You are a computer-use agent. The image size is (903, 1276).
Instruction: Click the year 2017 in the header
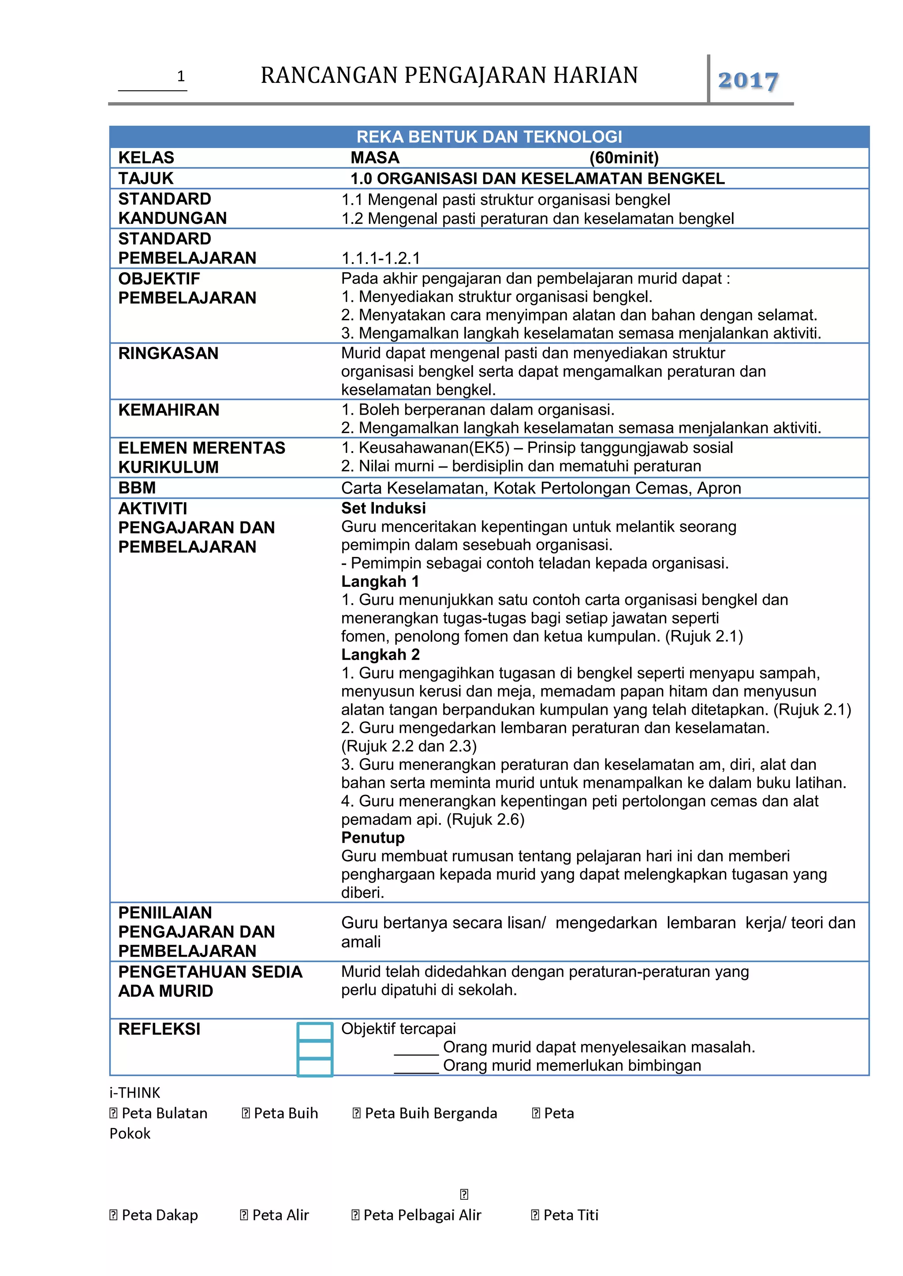(x=747, y=81)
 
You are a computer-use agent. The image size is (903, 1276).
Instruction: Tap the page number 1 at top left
(x=180, y=76)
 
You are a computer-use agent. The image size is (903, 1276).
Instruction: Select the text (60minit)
(x=624, y=158)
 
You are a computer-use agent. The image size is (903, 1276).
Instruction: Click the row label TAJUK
(x=146, y=178)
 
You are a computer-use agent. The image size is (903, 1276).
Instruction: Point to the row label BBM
(x=137, y=487)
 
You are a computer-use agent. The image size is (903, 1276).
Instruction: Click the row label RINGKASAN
(x=168, y=353)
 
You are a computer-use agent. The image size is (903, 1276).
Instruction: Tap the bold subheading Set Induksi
(x=383, y=508)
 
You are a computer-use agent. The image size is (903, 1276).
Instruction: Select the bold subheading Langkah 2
(x=381, y=655)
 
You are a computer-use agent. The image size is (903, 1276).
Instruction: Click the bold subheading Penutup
(x=373, y=838)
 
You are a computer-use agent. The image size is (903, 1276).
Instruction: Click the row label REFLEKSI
(x=159, y=1029)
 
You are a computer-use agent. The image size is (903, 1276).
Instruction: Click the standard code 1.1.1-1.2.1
(x=381, y=259)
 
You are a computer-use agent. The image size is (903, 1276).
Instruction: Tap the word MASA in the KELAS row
(x=375, y=158)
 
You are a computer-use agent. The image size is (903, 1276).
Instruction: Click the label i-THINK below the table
(x=134, y=1093)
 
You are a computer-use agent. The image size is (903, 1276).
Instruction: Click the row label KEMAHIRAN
(x=168, y=410)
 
